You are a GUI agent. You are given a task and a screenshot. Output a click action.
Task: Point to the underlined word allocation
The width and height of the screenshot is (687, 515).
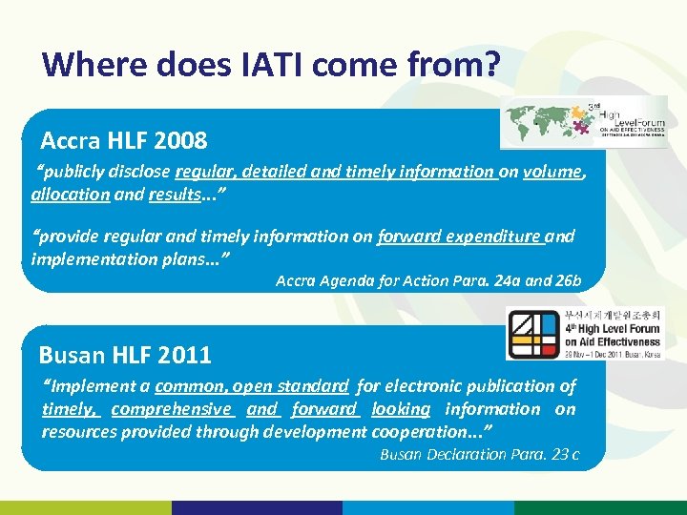point(70,194)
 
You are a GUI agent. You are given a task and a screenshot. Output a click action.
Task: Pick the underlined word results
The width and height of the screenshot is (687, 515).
point(174,194)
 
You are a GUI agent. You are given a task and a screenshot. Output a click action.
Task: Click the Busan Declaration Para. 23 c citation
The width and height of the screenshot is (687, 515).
point(479,454)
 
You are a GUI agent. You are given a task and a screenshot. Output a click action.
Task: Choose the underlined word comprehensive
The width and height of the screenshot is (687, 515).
point(172,409)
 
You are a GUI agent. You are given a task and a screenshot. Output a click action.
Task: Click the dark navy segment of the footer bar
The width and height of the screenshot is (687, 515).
point(258,507)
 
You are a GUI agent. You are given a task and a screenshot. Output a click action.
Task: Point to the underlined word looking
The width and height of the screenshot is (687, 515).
point(401,409)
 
